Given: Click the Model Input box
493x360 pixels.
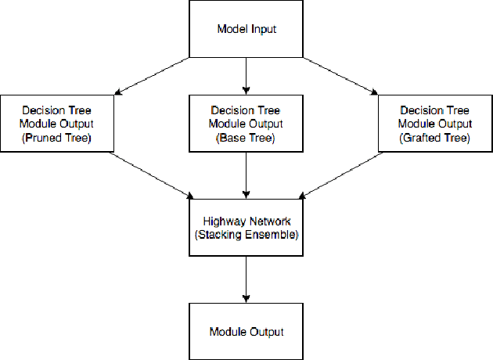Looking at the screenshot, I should (246, 30).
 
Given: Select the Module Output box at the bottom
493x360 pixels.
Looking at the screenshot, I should (246, 332).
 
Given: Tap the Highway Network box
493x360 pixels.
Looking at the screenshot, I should (246, 227).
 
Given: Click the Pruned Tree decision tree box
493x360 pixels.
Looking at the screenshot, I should (57, 124).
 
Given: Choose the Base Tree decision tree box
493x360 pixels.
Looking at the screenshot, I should (246, 124).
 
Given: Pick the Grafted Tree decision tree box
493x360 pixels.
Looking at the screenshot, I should (434, 124).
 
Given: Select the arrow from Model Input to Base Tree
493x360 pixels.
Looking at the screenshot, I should (246, 77).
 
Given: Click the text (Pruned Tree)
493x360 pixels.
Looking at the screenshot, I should (57, 138).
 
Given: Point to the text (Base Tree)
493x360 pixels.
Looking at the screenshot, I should (246, 138).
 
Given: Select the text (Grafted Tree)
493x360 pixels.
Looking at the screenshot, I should (434, 138).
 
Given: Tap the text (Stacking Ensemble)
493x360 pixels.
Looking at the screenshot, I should (246, 234).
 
